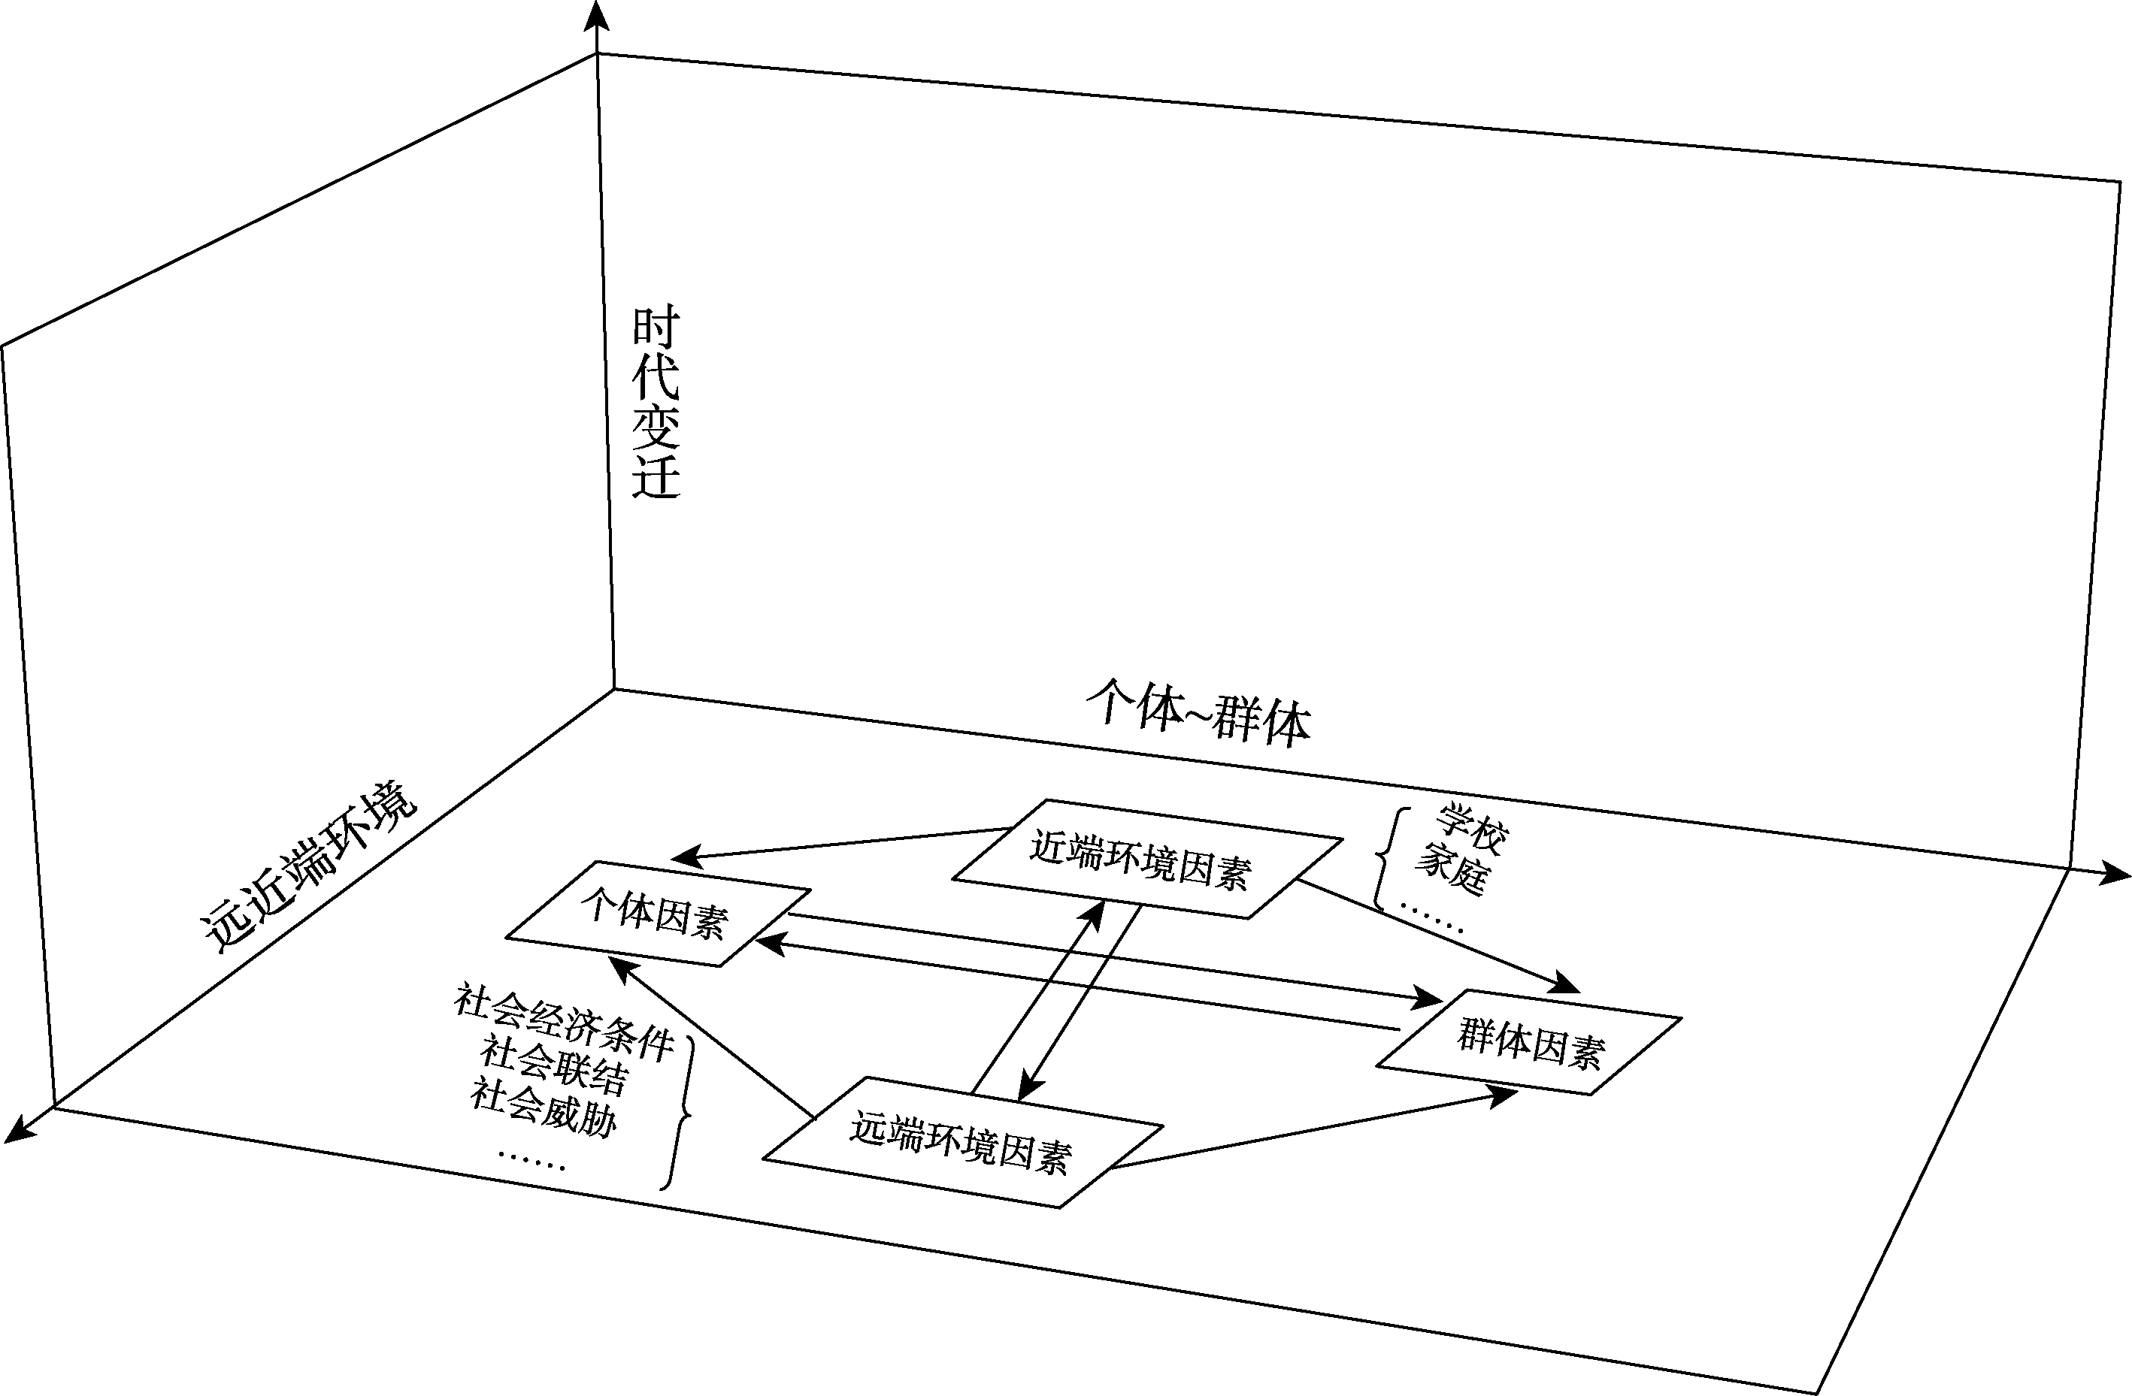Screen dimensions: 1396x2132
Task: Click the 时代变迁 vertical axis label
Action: [x=656, y=402]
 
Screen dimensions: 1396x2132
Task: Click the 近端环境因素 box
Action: [x=1146, y=858]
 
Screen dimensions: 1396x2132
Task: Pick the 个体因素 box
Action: [x=659, y=914]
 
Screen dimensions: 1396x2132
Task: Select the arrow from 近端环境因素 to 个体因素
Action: [x=842, y=842]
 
